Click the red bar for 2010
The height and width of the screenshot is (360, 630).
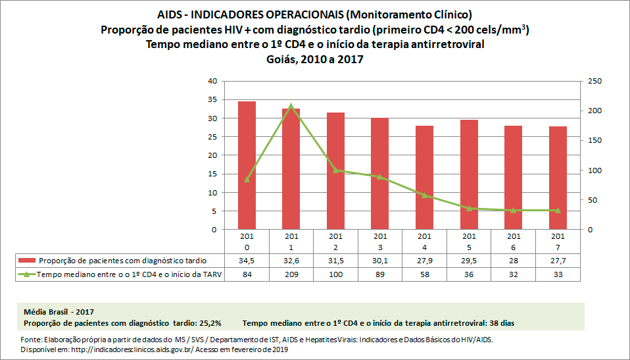247,166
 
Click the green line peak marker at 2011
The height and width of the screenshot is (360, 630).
291,105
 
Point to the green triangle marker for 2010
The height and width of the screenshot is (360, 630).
247,180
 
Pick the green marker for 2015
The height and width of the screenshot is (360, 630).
469,208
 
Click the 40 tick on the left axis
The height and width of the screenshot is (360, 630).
212,81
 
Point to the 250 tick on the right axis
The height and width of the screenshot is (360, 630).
594,81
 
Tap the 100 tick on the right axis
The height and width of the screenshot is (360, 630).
594,170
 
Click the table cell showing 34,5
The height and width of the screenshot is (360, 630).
247,261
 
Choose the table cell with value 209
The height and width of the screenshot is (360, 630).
291,275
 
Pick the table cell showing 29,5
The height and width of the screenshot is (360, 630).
469,261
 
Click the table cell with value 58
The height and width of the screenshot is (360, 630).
424,275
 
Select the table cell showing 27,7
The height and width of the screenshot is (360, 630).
558,261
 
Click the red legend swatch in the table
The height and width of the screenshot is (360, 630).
28,261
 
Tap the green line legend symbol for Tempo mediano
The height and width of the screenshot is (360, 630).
28,275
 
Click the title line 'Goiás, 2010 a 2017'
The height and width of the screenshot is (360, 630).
314,59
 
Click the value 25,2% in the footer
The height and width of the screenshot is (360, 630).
210,323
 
